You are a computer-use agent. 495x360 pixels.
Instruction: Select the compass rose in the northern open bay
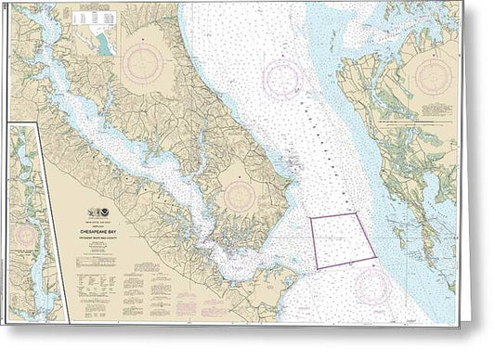tap(286, 80)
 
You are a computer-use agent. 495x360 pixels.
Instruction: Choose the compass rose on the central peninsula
tap(239, 194)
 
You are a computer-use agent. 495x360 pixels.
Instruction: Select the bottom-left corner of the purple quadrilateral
tap(318, 269)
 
